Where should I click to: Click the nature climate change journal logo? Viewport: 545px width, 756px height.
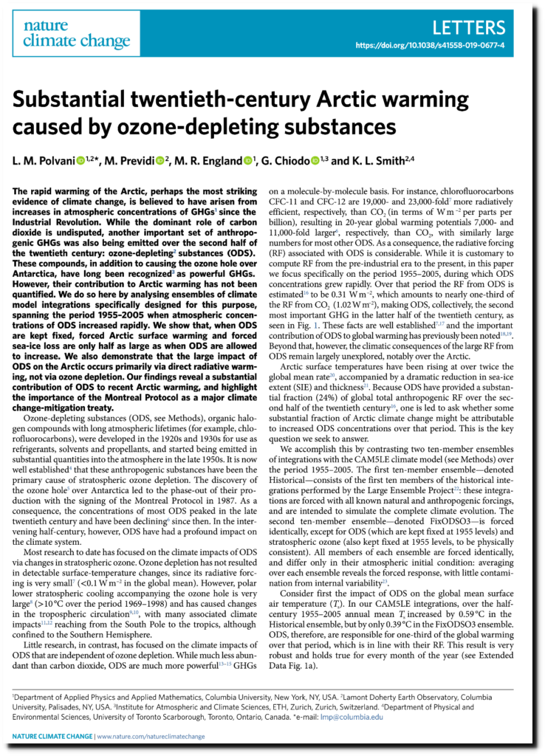pos(76,34)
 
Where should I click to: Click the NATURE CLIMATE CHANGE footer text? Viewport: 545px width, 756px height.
pos(53,736)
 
